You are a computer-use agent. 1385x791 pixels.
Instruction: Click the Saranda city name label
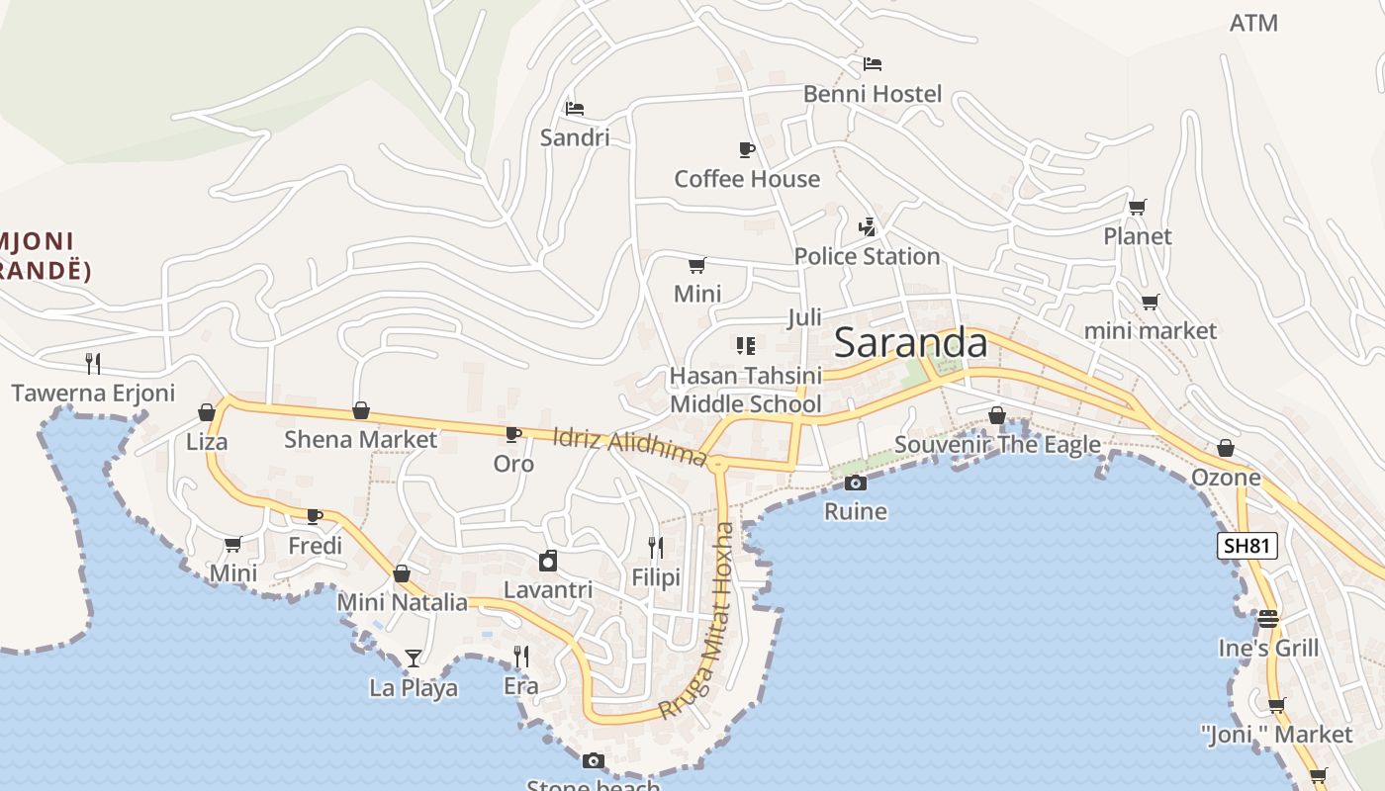click(910, 343)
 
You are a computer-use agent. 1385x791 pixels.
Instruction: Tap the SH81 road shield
click(1247, 546)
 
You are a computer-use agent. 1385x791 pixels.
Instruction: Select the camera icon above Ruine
click(856, 483)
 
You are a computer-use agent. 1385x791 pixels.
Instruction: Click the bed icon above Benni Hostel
click(872, 64)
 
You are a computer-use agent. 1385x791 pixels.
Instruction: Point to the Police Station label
click(867, 256)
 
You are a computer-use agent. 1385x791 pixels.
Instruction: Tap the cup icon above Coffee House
click(747, 149)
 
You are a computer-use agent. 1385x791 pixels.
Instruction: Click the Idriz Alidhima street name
click(629, 446)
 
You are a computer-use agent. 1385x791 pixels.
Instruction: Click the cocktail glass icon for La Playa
click(413, 658)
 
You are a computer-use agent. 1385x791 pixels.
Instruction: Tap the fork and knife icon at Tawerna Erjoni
click(93, 363)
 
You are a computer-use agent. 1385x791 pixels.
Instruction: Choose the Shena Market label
click(360, 439)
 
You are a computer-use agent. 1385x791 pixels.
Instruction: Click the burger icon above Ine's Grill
click(1268, 619)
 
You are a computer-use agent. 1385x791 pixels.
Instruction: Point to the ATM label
click(1253, 23)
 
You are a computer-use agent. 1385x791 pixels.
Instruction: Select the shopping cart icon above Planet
click(1138, 208)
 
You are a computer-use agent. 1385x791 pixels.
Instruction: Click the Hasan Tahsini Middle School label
click(746, 390)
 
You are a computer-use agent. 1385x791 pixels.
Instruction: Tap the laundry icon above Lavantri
click(548, 562)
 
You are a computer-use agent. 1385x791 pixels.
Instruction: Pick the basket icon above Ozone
click(1226, 449)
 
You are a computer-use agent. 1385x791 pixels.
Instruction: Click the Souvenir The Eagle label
click(997, 445)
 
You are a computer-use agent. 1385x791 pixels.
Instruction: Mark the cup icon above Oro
click(513, 434)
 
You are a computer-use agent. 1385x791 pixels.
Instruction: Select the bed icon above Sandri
click(575, 108)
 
